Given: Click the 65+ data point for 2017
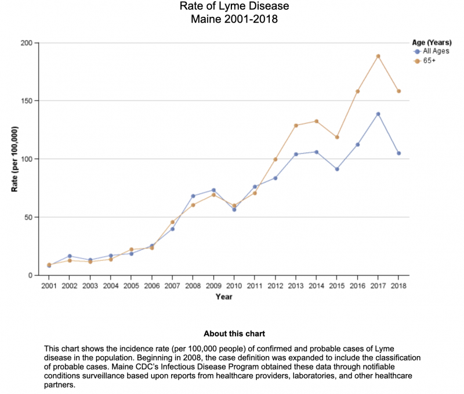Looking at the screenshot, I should click(x=378, y=56).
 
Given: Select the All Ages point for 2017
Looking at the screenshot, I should click(x=378, y=114).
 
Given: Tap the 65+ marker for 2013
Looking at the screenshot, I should click(x=296, y=126).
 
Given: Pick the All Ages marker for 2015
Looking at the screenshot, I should click(x=337, y=169).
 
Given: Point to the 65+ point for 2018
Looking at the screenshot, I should click(x=399, y=91).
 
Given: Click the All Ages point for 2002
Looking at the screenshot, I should click(x=70, y=256).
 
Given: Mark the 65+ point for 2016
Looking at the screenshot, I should click(x=358, y=91).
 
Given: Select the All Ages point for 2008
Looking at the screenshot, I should click(x=193, y=196).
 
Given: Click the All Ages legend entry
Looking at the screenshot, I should click(x=432, y=52).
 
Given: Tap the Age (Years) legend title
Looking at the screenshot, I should click(x=432, y=42).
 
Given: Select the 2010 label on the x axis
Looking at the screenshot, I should click(x=234, y=285).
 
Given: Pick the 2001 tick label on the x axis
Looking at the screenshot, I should click(x=49, y=285).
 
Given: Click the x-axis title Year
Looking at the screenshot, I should click(x=224, y=296).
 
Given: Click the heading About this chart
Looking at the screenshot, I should click(x=234, y=334).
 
